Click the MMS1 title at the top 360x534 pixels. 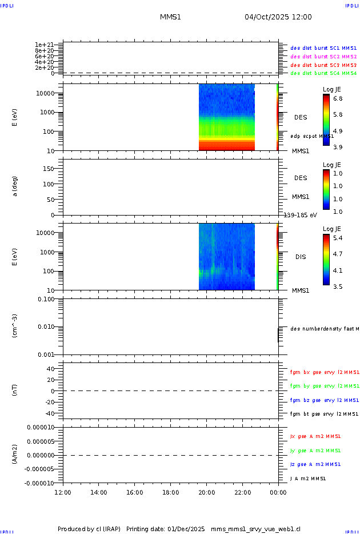click(x=170, y=17)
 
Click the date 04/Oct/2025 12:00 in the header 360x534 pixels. click(x=278, y=17)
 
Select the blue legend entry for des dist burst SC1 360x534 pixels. click(x=323, y=48)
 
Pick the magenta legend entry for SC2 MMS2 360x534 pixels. click(x=323, y=57)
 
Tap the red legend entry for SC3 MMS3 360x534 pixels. click(x=323, y=65)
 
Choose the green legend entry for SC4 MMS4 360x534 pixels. click(x=323, y=73)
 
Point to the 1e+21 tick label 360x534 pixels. click(x=44, y=45)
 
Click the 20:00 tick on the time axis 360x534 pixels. click(x=206, y=492)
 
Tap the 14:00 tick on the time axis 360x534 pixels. click(x=99, y=492)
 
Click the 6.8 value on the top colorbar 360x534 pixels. click(x=338, y=98)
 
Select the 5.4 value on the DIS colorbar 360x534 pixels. click(x=338, y=238)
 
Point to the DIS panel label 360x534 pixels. click(x=301, y=257)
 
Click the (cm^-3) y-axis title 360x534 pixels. click(x=15, y=326)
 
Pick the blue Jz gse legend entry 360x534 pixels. click(x=316, y=464)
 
